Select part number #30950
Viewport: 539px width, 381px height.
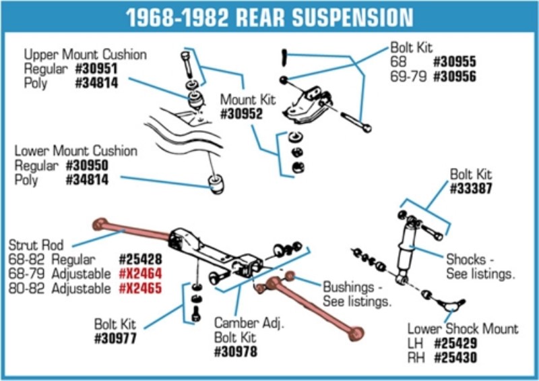[87, 166]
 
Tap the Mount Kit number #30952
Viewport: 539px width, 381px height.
[241, 115]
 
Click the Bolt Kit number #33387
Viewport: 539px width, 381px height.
[470, 189]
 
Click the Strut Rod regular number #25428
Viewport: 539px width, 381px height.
[140, 259]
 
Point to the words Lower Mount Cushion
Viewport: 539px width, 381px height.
[75, 151]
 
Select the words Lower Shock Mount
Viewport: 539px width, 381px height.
[463, 329]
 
